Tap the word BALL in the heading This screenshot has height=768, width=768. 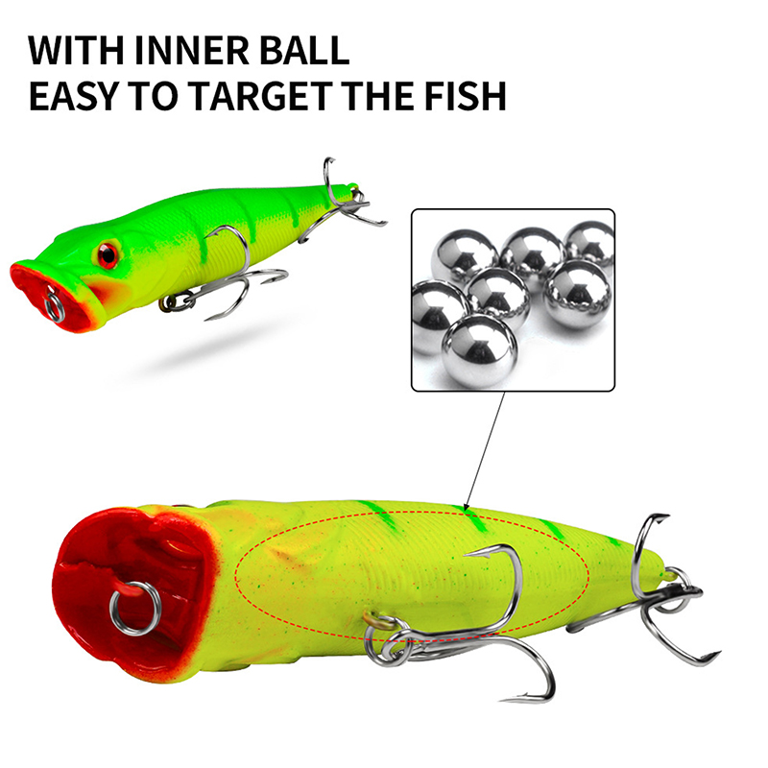(x=304, y=50)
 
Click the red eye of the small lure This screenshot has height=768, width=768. (x=108, y=254)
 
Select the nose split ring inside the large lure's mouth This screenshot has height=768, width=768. (x=134, y=608)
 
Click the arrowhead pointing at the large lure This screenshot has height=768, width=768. (x=467, y=506)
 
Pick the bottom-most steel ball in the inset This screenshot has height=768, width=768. (x=479, y=351)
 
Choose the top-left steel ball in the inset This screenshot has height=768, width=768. (x=465, y=256)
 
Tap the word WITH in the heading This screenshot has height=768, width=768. (x=76, y=50)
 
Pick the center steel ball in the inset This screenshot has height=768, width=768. (x=498, y=297)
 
